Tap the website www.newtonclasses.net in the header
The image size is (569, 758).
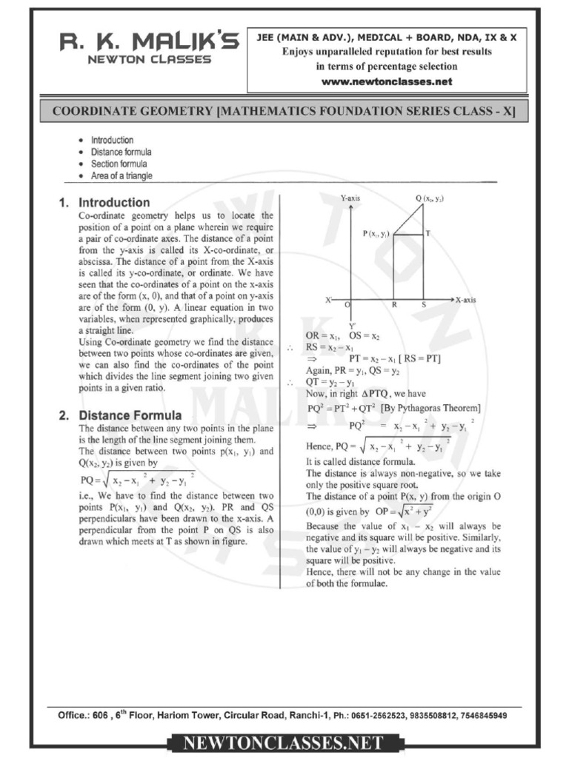[x=386, y=81]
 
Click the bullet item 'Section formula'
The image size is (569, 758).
[x=119, y=164]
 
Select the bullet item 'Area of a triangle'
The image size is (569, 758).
[x=122, y=176]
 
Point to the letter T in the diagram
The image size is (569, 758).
[x=427, y=233]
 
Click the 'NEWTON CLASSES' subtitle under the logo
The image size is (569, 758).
[x=149, y=60]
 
